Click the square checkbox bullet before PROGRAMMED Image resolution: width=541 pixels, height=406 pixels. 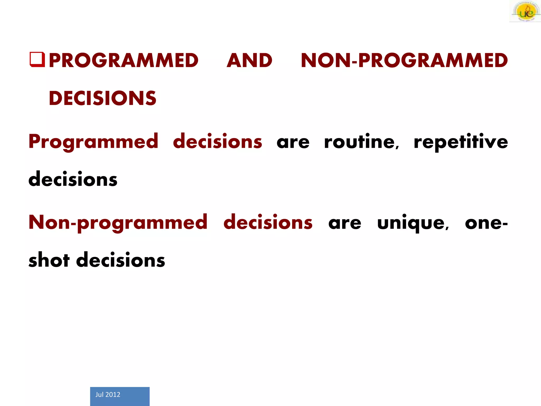click(x=37, y=59)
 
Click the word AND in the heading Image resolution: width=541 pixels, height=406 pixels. click(x=249, y=60)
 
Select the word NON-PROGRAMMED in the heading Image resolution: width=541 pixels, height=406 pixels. click(x=404, y=60)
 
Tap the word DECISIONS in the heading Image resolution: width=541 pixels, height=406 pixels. click(x=102, y=98)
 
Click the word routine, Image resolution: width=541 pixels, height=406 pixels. click(x=361, y=142)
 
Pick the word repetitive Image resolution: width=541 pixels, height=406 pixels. click(x=461, y=142)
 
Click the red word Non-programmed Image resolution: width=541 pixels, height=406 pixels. click(x=118, y=223)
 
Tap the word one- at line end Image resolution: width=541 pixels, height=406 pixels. click(x=486, y=223)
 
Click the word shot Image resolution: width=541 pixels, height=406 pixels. click(x=49, y=260)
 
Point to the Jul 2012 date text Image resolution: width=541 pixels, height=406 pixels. click(x=108, y=394)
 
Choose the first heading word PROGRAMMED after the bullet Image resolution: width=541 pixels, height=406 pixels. click(x=123, y=60)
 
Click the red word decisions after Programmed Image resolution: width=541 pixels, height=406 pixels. click(x=217, y=141)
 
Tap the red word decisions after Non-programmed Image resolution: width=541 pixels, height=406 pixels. click(x=268, y=222)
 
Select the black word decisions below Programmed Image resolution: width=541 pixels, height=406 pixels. click(x=73, y=179)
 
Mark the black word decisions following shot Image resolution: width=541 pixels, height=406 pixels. click(x=120, y=260)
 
